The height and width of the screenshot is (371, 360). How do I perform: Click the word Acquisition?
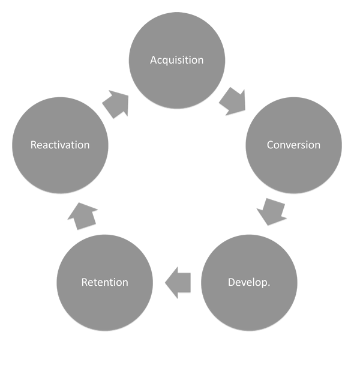coord(177,60)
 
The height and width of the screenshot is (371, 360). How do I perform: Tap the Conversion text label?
coord(293,145)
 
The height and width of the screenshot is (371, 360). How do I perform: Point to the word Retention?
coord(105,282)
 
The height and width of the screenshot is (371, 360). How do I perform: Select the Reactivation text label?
coord(60,145)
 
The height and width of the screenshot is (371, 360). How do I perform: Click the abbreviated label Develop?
coord(249,282)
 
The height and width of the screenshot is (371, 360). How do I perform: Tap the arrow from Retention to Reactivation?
coord(82,214)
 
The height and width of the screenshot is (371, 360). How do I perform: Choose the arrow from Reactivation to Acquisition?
coord(116,104)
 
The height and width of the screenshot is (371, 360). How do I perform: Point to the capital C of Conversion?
coord(270,145)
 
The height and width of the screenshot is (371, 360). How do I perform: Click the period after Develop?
coord(269,284)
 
